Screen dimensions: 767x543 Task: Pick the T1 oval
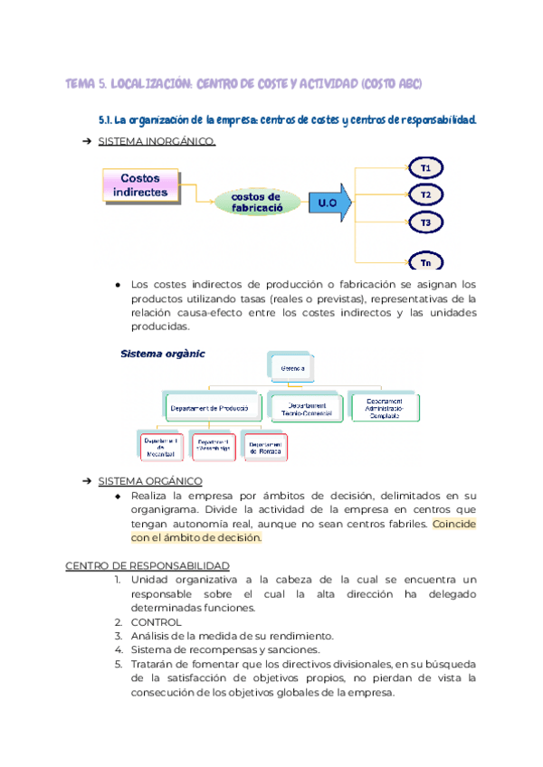click(425, 168)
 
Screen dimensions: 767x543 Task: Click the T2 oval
click(425, 194)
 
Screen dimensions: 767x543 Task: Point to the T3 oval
click(425, 222)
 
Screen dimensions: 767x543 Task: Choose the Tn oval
click(425, 262)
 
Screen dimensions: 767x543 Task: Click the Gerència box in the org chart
click(291, 369)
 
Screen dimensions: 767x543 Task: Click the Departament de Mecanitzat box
click(159, 445)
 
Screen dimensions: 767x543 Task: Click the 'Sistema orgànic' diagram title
click(162, 354)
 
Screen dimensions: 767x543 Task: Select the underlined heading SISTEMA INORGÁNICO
click(156, 142)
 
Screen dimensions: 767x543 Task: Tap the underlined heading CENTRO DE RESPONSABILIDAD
click(147, 565)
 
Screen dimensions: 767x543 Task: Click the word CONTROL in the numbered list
click(156, 622)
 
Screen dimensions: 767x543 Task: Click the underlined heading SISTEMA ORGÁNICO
click(149, 480)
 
